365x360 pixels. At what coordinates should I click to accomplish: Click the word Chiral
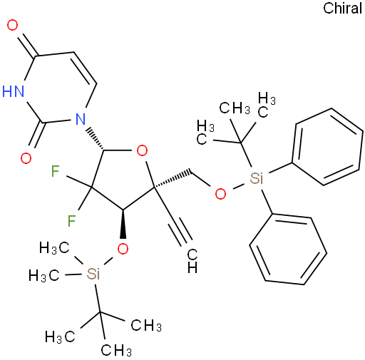[342, 9]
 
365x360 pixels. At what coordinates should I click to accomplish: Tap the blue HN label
[14, 91]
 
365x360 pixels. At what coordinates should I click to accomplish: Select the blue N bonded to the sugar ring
[81, 119]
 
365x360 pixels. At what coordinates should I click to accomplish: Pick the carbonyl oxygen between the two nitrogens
[26, 158]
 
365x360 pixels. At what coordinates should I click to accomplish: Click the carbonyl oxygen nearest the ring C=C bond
[12, 25]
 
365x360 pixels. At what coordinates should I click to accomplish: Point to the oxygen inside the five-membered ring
[142, 150]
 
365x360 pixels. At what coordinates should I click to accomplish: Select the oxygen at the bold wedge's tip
[123, 249]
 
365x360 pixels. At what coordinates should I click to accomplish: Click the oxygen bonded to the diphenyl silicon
[220, 194]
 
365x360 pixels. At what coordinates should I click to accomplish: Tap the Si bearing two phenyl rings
[257, 178]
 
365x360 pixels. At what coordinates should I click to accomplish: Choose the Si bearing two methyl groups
[93, 274]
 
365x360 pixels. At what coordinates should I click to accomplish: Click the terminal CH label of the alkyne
[192, 261]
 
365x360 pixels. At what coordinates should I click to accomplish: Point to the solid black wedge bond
[123, 224]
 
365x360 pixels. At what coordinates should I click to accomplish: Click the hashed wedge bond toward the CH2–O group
[173, 179]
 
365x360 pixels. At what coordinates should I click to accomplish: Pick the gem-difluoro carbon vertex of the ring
[92, 187]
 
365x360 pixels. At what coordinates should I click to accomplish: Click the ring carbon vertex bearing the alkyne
[154, 188]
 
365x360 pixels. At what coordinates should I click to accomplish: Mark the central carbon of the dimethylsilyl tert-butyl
[100, 312]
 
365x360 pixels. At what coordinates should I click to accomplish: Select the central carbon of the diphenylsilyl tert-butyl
[240, 143]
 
